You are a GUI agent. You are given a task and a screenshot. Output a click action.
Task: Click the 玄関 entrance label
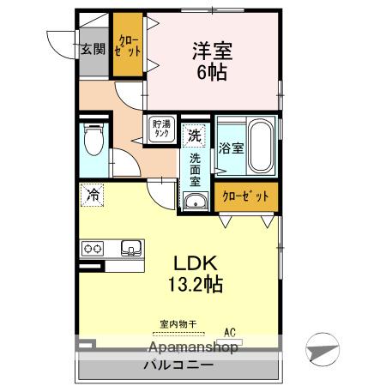(x=93, y=49)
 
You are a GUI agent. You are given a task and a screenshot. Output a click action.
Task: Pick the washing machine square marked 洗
(x=195, y=135)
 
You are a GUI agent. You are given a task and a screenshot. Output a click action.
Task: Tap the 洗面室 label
(x=195, y=170)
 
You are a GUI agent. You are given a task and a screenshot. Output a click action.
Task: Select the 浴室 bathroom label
(x=231, y=148)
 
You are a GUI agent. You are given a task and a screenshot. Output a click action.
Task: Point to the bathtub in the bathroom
(x=260, y=147)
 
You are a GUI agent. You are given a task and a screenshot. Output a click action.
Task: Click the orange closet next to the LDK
(x=245, y=196)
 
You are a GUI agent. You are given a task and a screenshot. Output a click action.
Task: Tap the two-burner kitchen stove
(x=93, y=248)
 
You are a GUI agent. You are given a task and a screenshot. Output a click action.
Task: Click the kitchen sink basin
(x=131, y=248)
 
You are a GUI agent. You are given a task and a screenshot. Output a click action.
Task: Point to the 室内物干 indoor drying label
(x=178, y=324)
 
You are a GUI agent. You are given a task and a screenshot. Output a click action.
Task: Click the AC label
(x=230, y=330)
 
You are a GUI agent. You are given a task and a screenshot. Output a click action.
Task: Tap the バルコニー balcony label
(x=178, y=364)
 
